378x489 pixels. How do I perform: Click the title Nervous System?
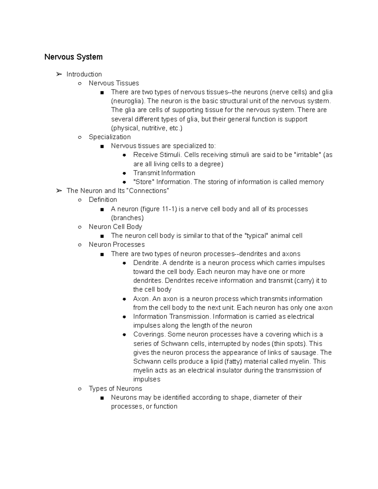pos(73,57)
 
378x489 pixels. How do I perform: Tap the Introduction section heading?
pos(84,74)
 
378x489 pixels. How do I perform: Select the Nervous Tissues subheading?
pos(114,83)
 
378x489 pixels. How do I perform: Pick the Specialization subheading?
pos(110,137)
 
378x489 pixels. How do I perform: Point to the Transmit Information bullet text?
pos(164,173)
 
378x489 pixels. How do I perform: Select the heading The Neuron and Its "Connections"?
pos(118,191)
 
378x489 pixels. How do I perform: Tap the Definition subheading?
pos(103,200)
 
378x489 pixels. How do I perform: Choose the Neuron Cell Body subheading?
pos(115,227)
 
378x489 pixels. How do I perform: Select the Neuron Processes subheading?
pos(117,245)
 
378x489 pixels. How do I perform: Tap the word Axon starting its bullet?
pos(141,299)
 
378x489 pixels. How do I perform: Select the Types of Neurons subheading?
pos(115,389)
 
